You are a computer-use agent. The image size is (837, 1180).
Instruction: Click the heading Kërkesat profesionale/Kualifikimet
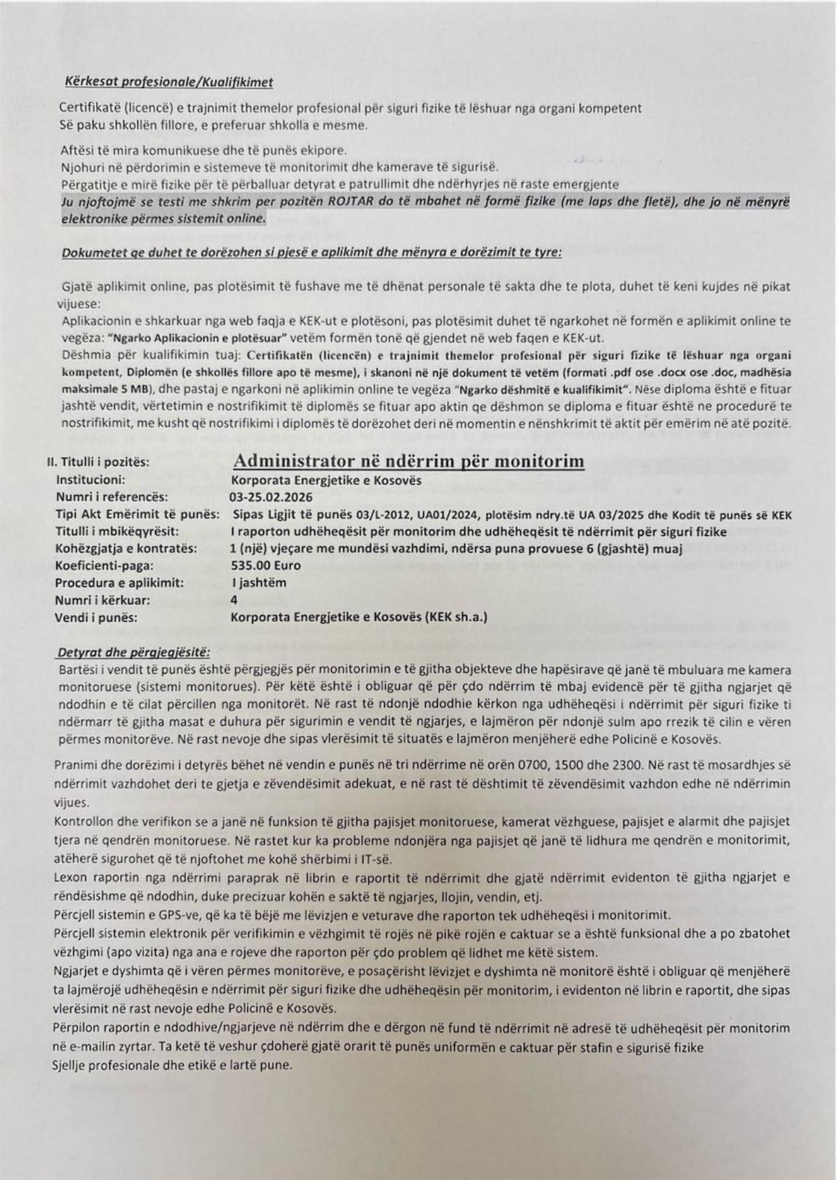tap(169, 82)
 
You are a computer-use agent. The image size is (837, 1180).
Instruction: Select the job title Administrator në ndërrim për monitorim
tap(408, 461)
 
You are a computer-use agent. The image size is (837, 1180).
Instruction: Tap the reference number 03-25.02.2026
tap(270, 498)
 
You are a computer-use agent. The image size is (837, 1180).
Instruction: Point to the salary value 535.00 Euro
tap(266, 565)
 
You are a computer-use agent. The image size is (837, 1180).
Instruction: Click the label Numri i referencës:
tap(112, 498)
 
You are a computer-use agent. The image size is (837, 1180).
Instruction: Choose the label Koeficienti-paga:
tap(104, 565)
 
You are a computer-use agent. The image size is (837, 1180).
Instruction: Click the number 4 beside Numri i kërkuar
tap(234, 600)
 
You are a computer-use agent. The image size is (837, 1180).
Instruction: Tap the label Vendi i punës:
tap(96, 618)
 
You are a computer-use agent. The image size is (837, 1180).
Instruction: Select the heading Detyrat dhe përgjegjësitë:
tap(134, 652)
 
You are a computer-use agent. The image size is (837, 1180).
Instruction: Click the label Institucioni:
tap(91, 480)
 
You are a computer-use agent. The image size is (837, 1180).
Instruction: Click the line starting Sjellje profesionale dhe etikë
tap(172, 1065)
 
